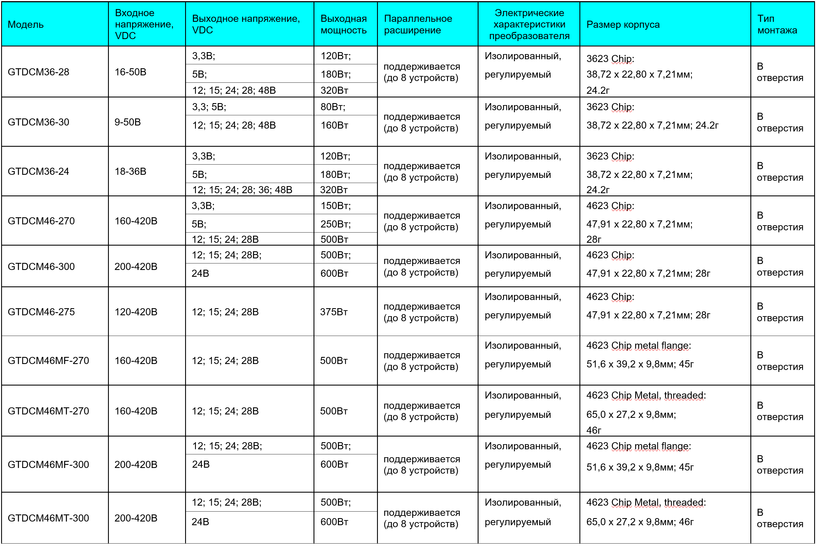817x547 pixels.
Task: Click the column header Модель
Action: pyautogui.click(x=26, y=24)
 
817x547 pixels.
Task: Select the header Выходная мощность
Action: pyautogui.click(x=344, y=24)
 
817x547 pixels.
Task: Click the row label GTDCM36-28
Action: pyautogui.click(x=38, y=72)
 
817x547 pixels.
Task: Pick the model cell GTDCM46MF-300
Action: pyautogui.click(x=48, y=464)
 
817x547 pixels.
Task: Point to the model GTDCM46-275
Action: pyautogui.click(x=41, y=312)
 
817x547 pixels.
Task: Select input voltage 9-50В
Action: pyautogui.click(x=128, y=122)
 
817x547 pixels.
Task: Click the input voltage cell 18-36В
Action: pyautogui.click(x=130, y=171)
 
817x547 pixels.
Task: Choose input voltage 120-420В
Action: pyautogui.click(x=136, y=312)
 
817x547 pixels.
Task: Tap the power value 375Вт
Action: pyautogui.click(x=334, y=312)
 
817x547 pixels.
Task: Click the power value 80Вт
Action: pyautogui.click(x=333, y=107)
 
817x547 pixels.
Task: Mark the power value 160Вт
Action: pyautogui.click(x=334, y=125)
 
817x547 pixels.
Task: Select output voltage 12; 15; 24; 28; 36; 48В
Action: pyautogui.click(x=242, y=190)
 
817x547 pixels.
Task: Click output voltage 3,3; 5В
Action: pyautogui.click(x=209, y=107)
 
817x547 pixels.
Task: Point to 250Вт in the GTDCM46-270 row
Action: pyautogui.click(x=335, y=224)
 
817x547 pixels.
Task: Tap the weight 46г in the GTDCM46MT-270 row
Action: pyautogui.click(x=594, y=430)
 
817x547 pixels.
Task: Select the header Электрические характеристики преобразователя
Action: pyautogui.click(x=529, y=24)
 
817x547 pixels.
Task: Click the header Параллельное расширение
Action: pyautogui.click(x=418, y=24)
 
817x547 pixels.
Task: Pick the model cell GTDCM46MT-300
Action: pyautogui.click(x=48, y=518)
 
